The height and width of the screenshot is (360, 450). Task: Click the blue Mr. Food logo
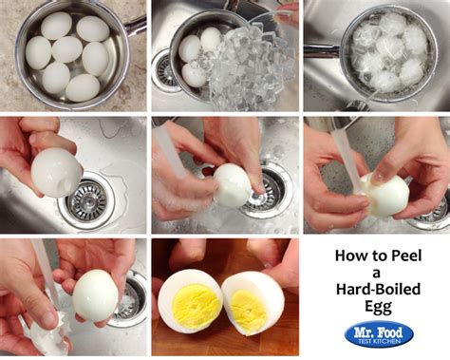coord(378,334)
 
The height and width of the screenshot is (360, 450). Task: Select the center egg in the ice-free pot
coord(66,48)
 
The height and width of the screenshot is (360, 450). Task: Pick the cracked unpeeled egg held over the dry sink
coord(55,172)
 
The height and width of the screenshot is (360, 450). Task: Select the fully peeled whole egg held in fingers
coord(96,294)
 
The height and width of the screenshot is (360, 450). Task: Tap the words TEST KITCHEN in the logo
coord(378,341)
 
